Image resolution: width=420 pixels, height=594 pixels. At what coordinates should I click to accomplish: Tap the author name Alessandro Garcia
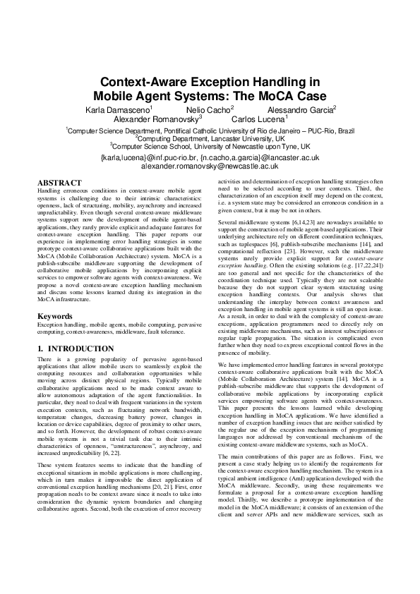tap(299, 110)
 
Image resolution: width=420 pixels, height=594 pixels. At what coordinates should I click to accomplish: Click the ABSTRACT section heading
tap(59, 183)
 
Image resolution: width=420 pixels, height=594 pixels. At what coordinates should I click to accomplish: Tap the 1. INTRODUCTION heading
tap(70, 348)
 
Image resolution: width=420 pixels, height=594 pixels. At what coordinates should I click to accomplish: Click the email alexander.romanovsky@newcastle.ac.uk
tap(210, 166)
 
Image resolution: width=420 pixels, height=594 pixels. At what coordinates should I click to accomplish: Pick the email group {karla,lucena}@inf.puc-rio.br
tap(149, 158)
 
